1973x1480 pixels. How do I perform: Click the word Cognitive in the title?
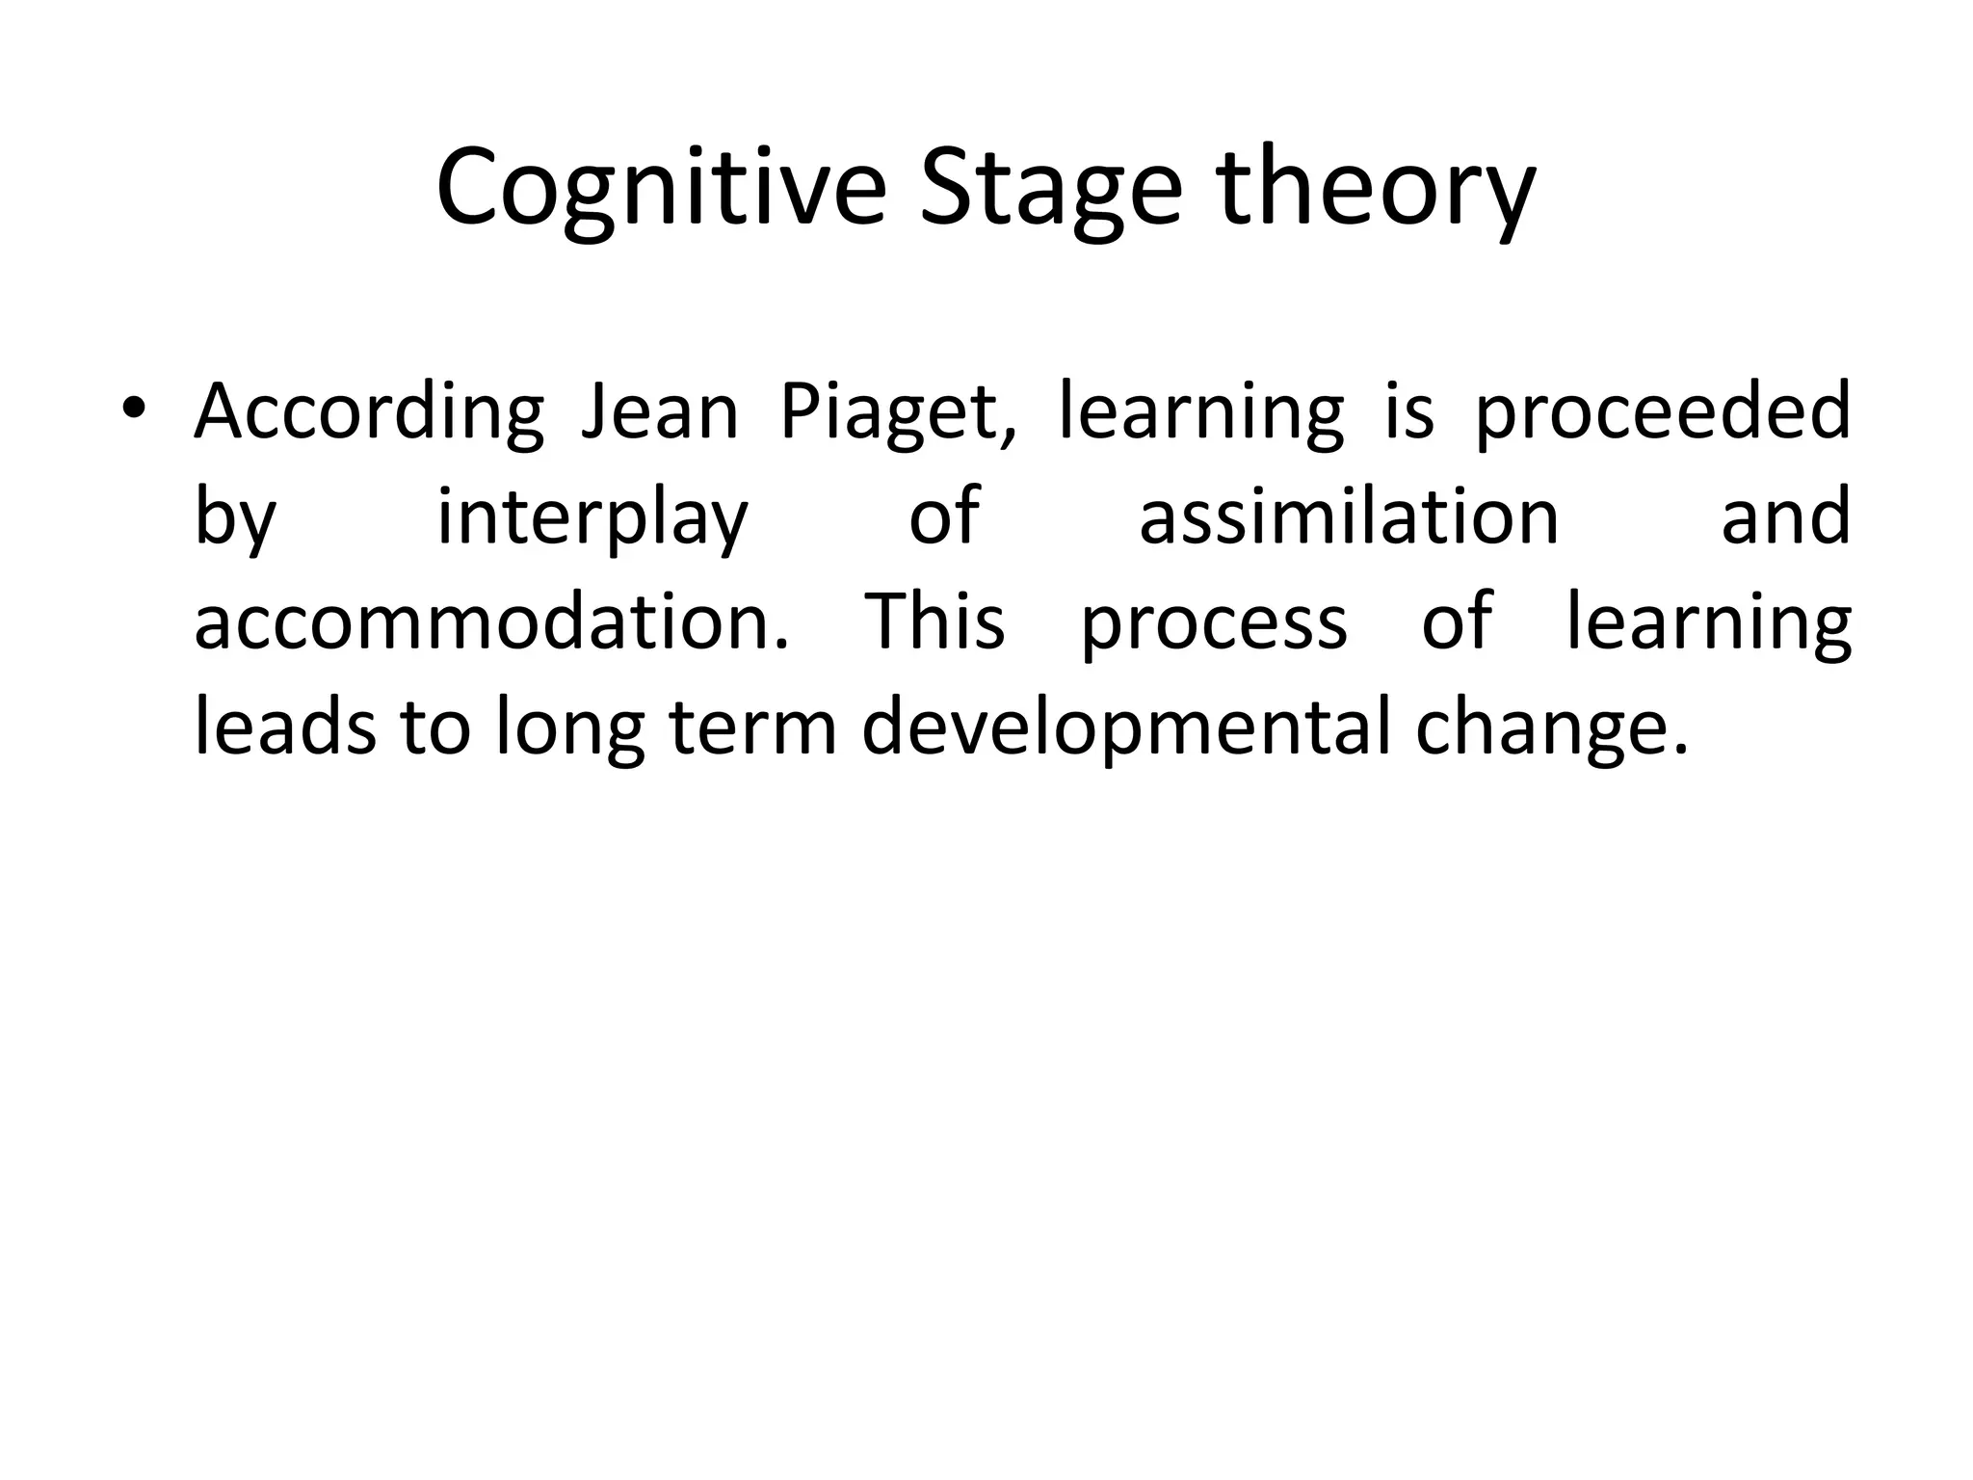pos(660,188)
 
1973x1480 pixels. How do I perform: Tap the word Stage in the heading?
pos(1050,188)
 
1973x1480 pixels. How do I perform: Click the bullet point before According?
pos(133,410)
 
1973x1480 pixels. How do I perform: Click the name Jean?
pos(660,410)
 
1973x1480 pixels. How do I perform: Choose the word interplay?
pos(592,518)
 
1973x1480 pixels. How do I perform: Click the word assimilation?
pos(1349,516)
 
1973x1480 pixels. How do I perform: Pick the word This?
pos(934,622)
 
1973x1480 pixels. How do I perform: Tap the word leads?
pos(284,728)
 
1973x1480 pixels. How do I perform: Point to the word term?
pos(752,728)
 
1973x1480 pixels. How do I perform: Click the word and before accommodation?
pos(1785,516)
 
